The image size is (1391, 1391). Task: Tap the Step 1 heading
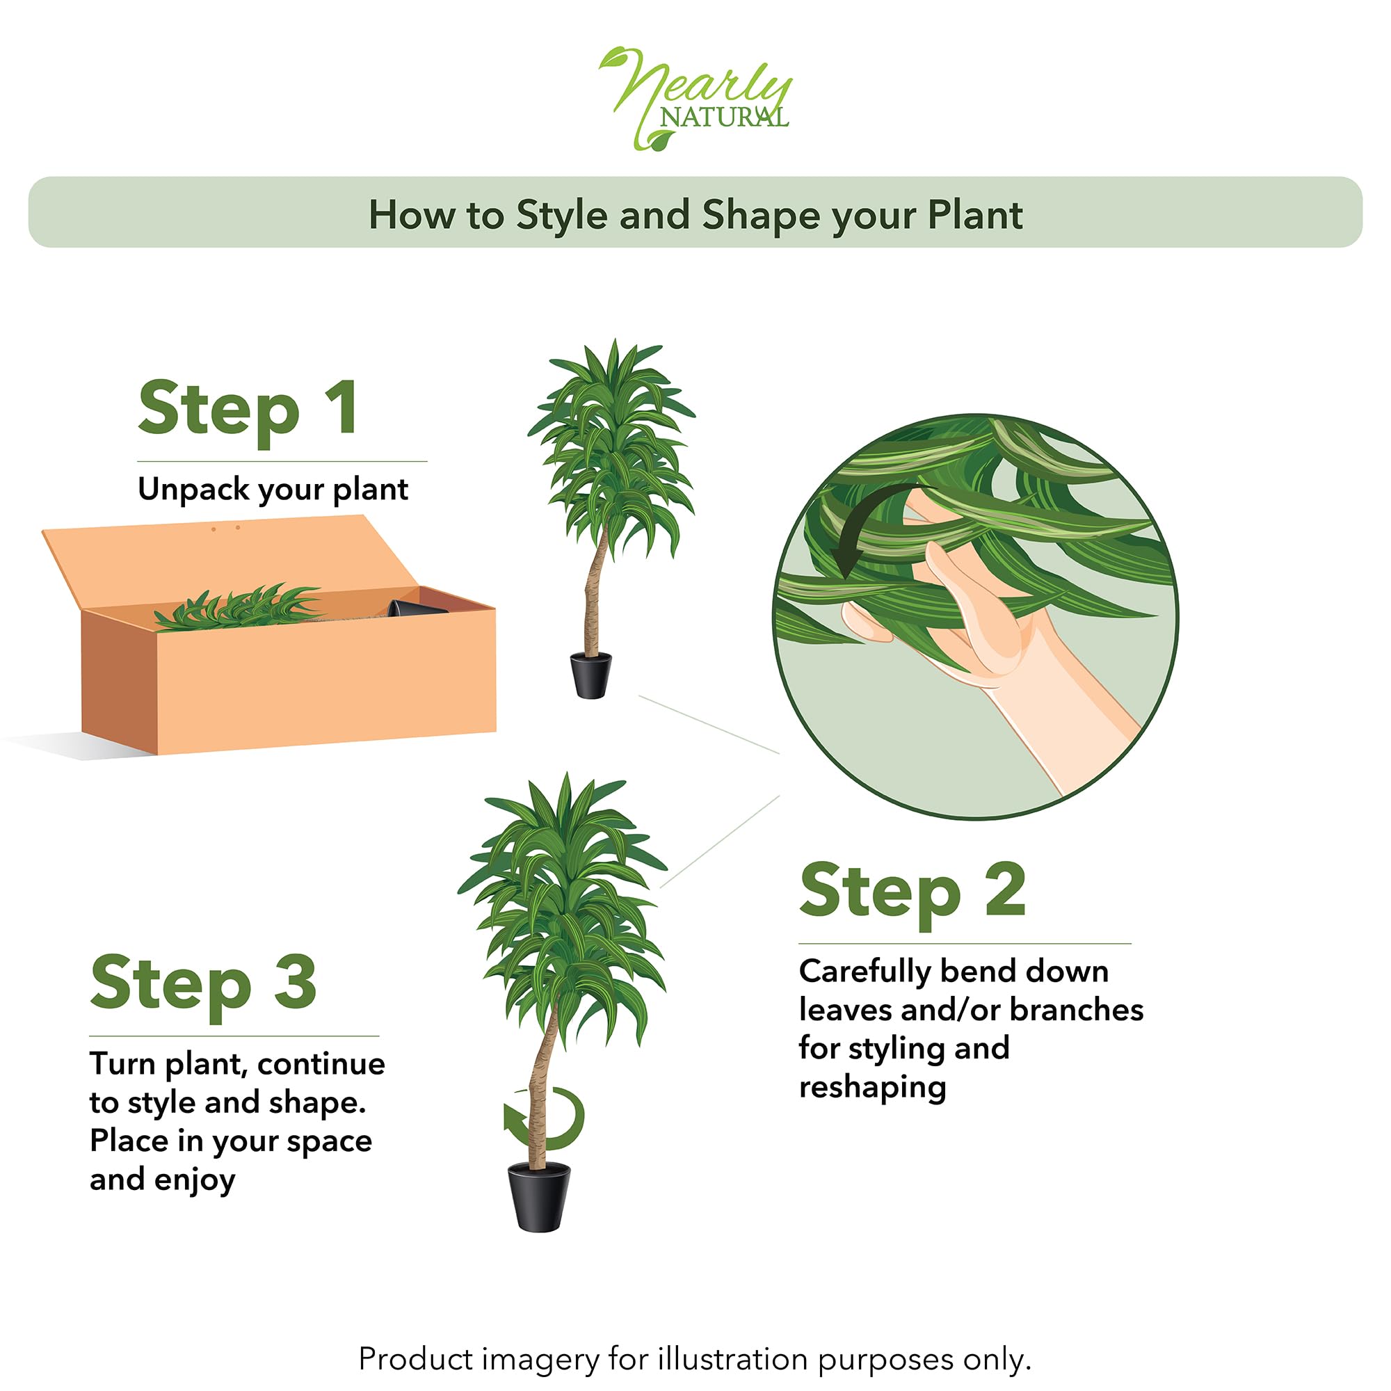pos(248,409)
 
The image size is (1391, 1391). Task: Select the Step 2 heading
pos(912,892)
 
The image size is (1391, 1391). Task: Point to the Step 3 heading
pos(204,984)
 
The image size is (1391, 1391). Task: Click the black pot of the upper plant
pos(590,675)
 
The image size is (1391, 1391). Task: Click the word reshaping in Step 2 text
pos(873,1088)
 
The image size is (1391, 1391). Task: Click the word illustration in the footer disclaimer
pos(732,1359)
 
